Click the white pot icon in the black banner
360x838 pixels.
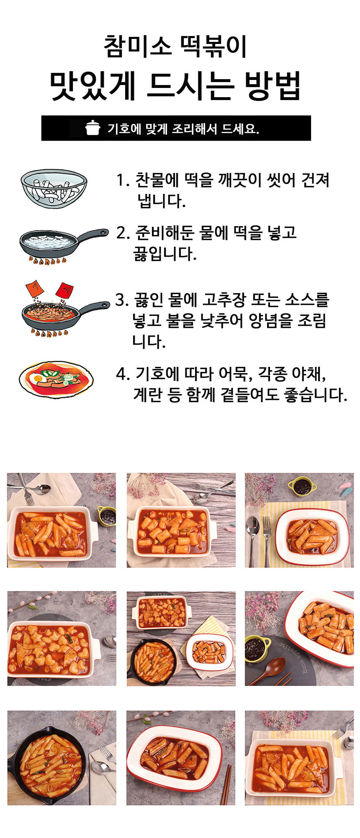(x=93, y=128)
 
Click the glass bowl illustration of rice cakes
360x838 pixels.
(x=54, y=189)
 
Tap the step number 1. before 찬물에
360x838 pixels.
(x=123, y=180)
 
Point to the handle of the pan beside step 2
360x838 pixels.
(x=93, y=235)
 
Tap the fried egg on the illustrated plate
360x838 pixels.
(x=35, y=379)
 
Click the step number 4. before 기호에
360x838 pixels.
(x=123, y=374)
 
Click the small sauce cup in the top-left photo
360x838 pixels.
(x=107, y=516)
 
